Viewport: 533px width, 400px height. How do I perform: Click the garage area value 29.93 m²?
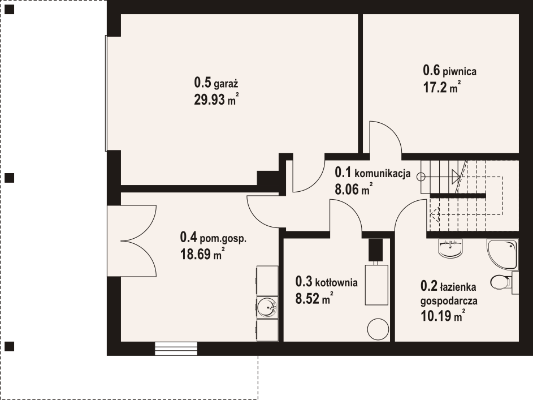tap(216, 100)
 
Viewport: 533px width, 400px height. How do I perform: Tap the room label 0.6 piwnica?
tap(449, 71)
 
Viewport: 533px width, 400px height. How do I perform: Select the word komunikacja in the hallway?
tap(383, 174)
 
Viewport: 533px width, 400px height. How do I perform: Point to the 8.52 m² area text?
tap(314, 298)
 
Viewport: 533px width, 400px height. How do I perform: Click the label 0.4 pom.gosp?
tap(213, 238)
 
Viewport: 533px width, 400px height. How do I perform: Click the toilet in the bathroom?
tap(501, 282)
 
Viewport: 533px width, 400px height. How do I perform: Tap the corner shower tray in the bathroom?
tap(502, 254)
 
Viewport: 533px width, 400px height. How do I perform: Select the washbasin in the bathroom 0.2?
tap(450, 248)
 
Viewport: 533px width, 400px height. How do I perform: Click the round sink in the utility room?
tap(267, 307)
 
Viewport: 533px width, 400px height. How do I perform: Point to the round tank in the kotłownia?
tap(378, 329)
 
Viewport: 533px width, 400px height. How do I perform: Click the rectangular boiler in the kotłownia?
tap(376, 285)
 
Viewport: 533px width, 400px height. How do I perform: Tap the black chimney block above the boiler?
tap(376, 250)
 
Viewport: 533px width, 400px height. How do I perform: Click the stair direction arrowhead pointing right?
tap(456, 177)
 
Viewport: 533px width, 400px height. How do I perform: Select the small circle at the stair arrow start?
tap(421, 177)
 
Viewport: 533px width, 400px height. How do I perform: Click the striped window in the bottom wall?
tap(176, 349)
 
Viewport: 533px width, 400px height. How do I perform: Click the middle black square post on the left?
tap(9, 178)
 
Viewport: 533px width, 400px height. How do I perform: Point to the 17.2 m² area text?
tap(442, 87)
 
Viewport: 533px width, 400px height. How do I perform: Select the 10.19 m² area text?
tap(443, 316)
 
